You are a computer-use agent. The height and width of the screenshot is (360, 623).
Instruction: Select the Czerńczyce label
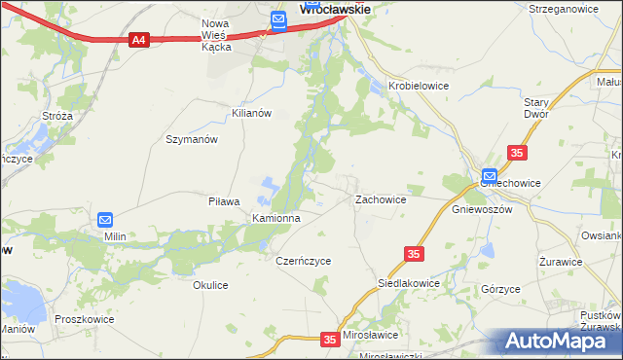click(304, 261)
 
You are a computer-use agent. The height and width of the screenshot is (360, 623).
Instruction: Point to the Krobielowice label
click(419, 86)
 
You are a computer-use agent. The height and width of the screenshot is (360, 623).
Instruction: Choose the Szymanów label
click(191, 139)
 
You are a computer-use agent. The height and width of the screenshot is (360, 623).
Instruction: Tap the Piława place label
click(224, 201)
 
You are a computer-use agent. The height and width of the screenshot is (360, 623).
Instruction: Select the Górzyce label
click(500, 290)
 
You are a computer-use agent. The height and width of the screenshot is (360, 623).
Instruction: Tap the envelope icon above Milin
click(106, 220)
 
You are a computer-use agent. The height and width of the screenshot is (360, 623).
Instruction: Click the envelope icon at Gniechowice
click(489, 176)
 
